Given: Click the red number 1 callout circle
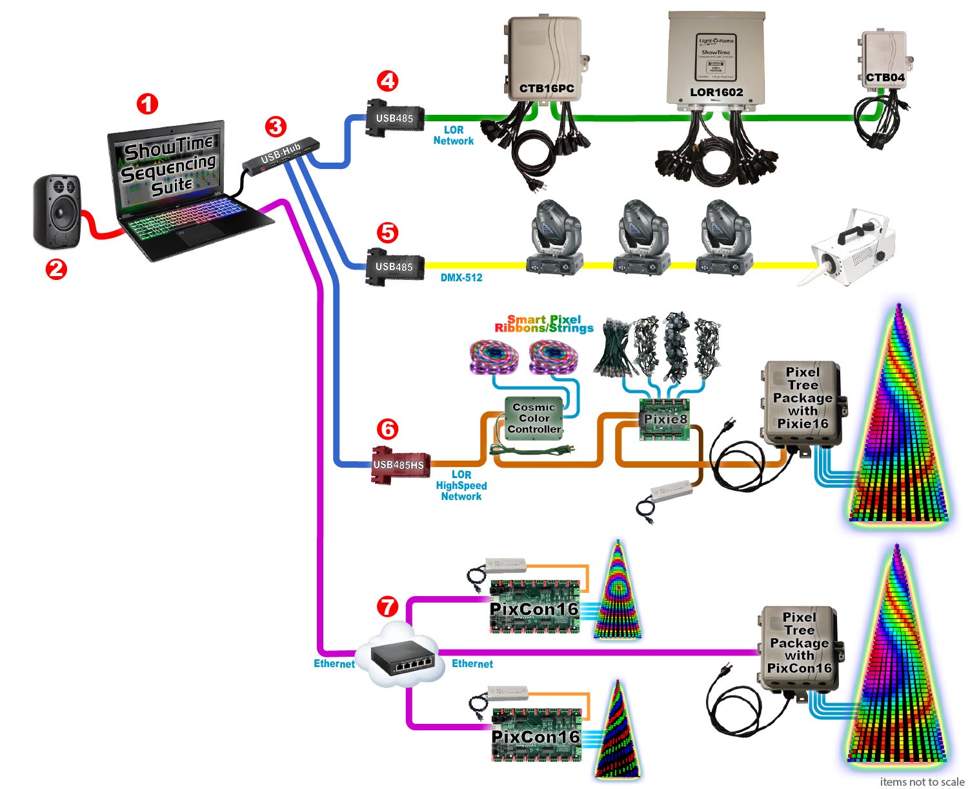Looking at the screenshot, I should point(147,103).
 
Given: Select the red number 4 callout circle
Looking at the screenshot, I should point(387,81).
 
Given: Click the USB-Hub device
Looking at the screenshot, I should point(281,155).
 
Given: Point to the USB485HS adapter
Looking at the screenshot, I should point(398,464).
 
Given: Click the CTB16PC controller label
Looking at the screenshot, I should point(547,88).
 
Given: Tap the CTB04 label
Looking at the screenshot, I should point(885,77).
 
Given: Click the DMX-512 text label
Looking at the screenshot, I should point(461,277).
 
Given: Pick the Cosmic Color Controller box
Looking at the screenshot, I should point(534,418).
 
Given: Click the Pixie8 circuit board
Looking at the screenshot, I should point(665,419).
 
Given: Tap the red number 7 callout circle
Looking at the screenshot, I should point(387,606).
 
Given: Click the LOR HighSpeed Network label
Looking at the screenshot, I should point(461,485).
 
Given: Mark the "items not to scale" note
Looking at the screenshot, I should point(922,781).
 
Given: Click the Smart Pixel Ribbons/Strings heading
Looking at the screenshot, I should point(543,324).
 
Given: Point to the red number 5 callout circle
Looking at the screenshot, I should point(387,232).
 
